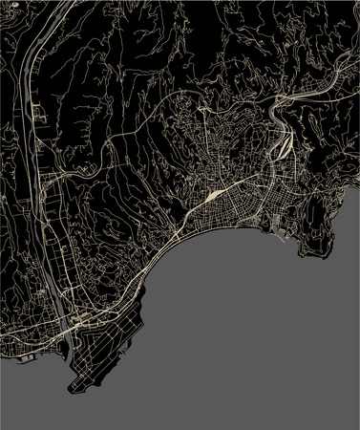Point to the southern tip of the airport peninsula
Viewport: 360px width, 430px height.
[x=73, y=388]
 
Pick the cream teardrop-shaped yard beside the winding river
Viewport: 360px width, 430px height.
[x=285, y=147]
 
